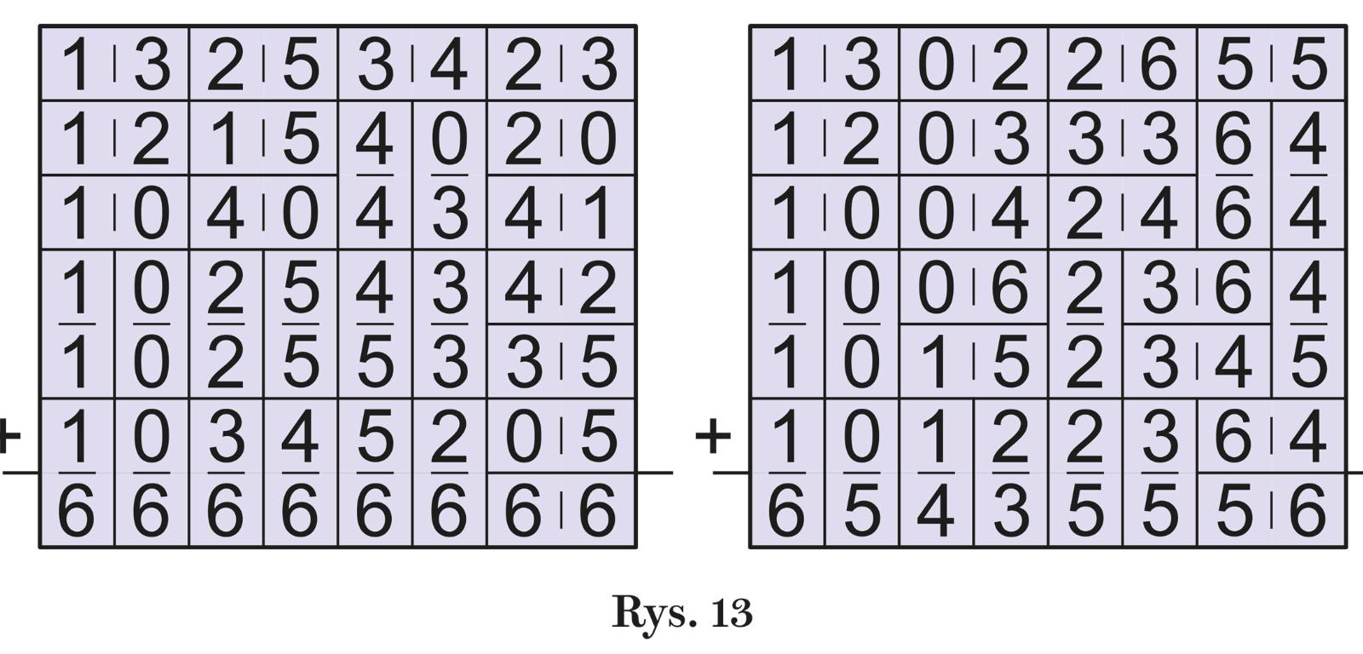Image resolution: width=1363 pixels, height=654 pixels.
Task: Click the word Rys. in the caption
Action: [x=648, y=612]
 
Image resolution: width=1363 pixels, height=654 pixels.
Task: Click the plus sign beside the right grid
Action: [x=713, y=437]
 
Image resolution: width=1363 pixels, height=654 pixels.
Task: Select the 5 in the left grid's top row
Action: [x=300, y=66]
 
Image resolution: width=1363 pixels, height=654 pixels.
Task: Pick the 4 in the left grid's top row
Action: [x=449, y=66]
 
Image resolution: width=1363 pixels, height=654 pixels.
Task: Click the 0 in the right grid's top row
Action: [x=935, y=66]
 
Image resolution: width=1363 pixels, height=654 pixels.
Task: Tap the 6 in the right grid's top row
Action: [x=1159, y=66]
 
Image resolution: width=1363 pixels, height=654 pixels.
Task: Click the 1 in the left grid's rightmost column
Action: [x=599, y=214]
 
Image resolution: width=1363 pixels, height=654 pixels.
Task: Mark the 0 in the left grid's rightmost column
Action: [x=599, y=140]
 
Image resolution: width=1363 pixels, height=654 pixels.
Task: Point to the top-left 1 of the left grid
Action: [x=77, y=66]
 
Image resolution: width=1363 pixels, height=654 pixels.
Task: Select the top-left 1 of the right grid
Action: [x=786, y=66]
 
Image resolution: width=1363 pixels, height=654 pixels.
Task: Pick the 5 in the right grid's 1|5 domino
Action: [x=1010, y=363]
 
